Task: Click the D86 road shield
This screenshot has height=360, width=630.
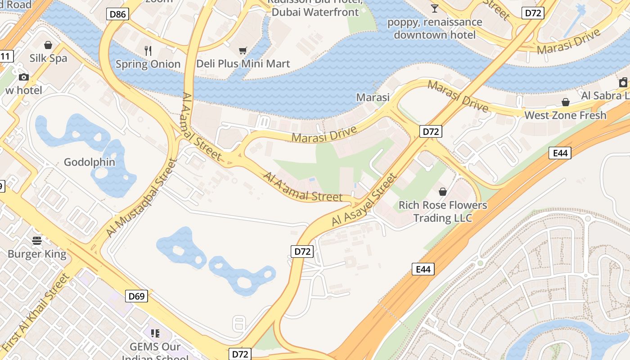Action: tap(118, 14)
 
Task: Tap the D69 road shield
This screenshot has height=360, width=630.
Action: tap(136, 296)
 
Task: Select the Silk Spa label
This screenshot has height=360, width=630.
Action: tap(48, 58)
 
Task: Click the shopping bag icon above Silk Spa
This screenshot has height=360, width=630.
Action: tap(48, 45)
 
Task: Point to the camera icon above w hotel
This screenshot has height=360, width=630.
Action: tap(24, 77)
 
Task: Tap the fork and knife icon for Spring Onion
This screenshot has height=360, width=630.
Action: tap(148, 50)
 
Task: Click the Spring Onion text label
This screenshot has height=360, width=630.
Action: tap(148, 64)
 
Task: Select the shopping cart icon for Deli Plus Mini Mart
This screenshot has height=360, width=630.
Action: tap(243, 50)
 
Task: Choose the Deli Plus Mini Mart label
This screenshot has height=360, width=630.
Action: tap(243, 64)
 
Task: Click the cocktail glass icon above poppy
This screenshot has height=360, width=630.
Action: tap(434, 8)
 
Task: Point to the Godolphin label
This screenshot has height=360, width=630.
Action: tap(90, 162)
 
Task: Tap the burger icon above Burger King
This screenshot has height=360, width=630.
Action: tap(37, 241)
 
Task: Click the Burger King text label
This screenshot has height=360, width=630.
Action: tap(37, 254)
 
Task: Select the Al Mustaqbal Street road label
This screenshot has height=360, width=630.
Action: tap(140, 198)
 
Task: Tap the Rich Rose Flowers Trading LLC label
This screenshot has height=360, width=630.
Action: tap(443, 211)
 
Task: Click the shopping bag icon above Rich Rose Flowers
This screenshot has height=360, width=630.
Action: tap(443, 192)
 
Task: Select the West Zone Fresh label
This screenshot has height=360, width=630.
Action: tap(565, 115)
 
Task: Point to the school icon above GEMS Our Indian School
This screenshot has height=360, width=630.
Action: tap(155, 333)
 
